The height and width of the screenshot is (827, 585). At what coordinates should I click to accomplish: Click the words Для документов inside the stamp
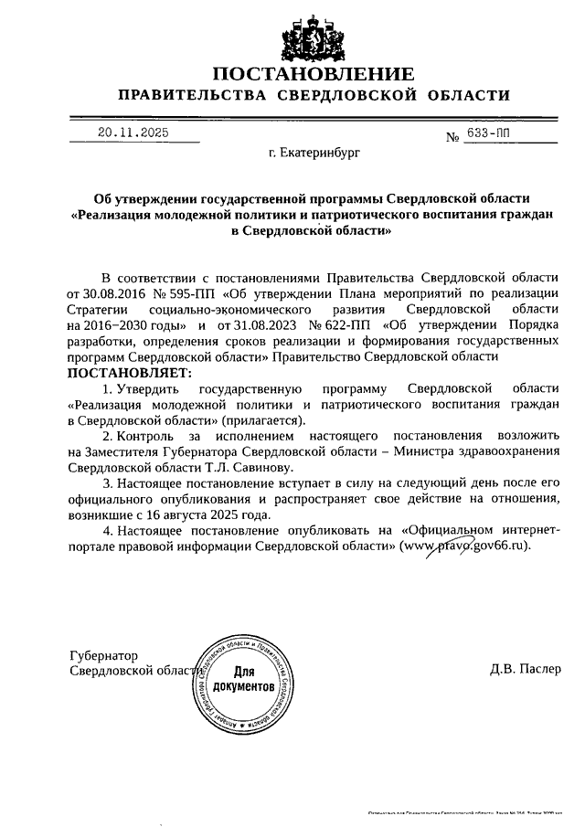click(243, 677)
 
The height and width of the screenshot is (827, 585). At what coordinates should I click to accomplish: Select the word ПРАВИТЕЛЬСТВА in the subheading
click(188, 96)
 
